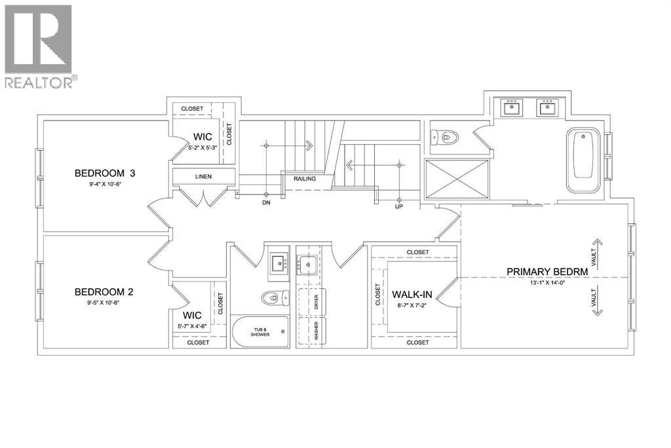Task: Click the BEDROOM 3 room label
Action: [108, 174]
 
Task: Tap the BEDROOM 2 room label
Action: [108, 291]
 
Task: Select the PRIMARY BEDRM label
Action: [546, 271]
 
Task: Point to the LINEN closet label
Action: [203, 177]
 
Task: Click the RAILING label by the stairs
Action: [305, 178]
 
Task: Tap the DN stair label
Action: [266, 203]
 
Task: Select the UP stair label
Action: [400, 207]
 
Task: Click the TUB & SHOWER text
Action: [259, 332]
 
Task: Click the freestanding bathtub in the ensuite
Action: [583, 160]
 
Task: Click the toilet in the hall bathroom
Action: [271, 298]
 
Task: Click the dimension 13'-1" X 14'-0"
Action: [546, 282]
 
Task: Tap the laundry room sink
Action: [307, 265]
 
